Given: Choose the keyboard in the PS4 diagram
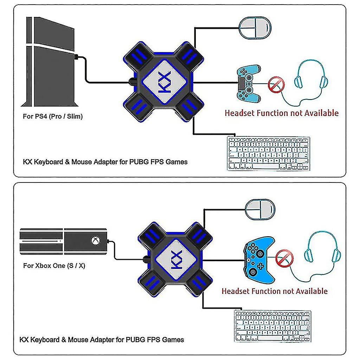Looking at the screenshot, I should (x=269, y=154).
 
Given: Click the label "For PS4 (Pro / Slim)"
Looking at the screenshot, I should (x=53, y=116).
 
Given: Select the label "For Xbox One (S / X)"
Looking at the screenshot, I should (x=54, y=266).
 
